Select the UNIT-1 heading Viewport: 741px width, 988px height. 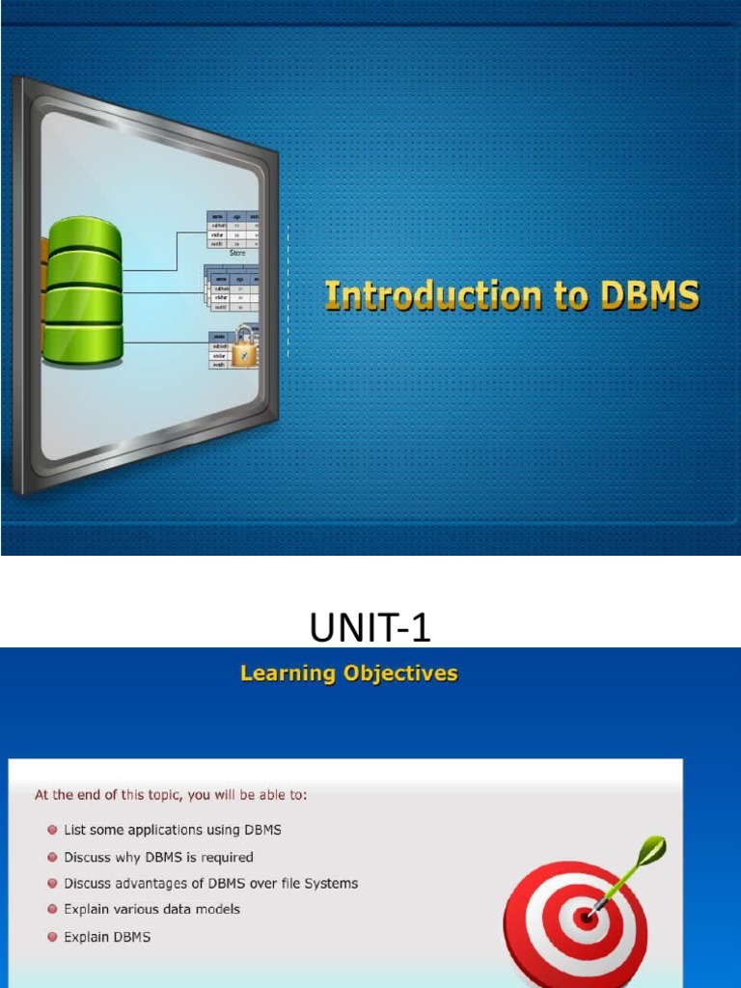click(370, 629)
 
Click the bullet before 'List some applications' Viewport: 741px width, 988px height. click(52, 830)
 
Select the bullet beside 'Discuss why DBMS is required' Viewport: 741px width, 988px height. click(52, 857)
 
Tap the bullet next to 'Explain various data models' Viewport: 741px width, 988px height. click(52, 910)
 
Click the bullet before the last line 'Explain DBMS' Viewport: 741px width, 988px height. click(52, 937)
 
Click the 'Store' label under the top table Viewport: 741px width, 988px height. click(236, 253)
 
